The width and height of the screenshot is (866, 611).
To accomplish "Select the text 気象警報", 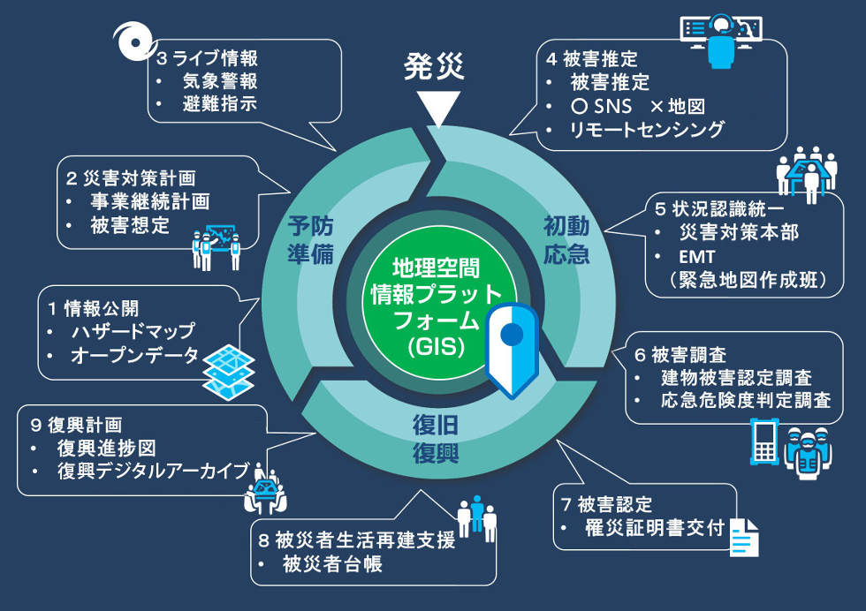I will click(220, 81).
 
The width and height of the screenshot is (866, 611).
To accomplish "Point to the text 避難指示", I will click(220, 103).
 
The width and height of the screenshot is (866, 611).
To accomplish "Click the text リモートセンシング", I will click(647, 130).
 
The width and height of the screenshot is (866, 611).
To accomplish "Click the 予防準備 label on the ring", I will click(310, 240).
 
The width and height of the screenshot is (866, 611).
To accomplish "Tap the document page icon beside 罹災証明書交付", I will click(744, 536).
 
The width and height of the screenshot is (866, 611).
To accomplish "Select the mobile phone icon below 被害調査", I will click(763, 444).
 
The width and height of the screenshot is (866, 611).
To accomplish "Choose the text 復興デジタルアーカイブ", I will click(153, 471).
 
